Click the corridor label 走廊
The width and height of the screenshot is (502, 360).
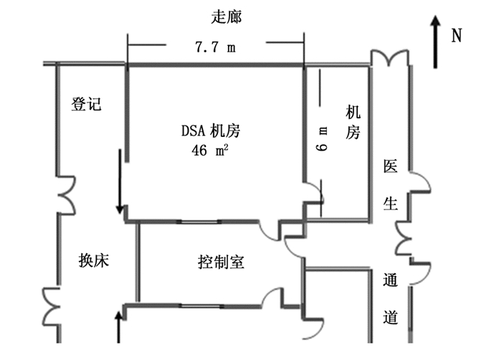227,17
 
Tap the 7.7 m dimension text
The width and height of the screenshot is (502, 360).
215,47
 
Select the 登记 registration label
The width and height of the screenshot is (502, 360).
86,105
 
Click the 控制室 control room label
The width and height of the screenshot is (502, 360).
221,262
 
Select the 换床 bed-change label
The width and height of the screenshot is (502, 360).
93,261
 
